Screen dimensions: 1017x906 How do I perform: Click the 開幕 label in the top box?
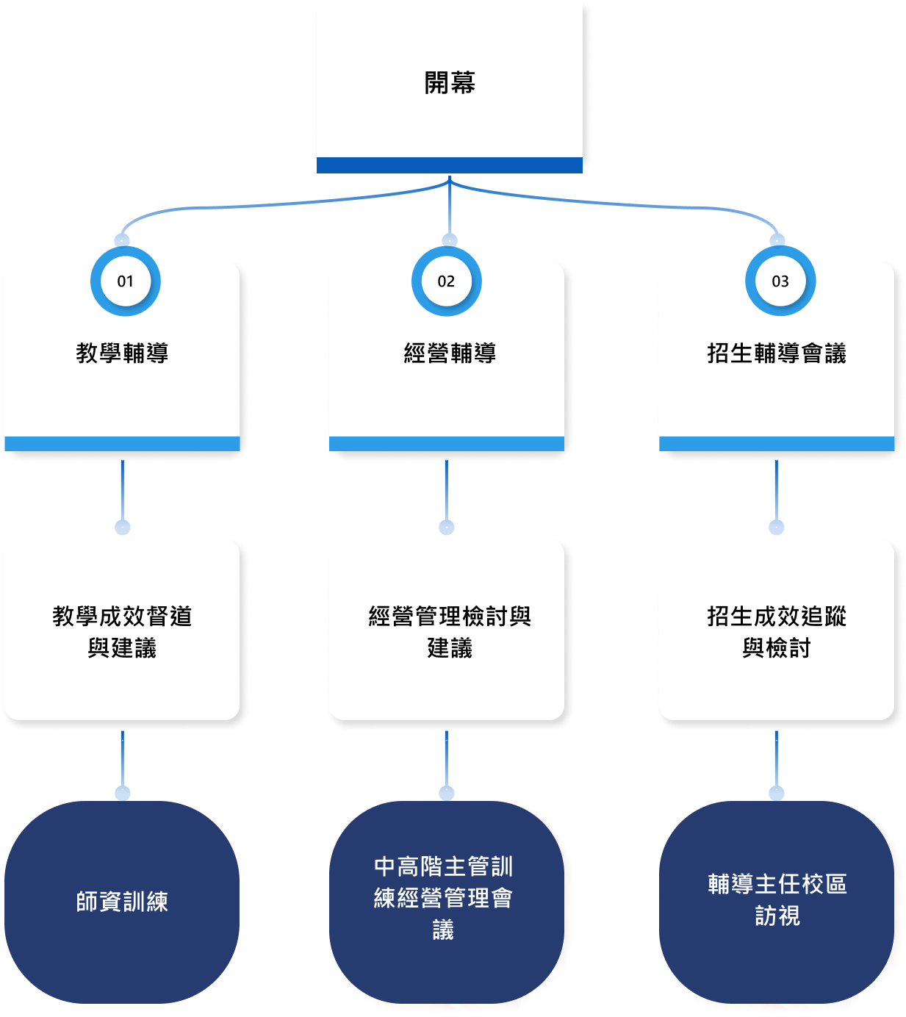click(449, 83)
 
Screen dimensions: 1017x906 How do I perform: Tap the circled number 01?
click(126, 281)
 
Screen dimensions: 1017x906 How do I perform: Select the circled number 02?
click(446, 281)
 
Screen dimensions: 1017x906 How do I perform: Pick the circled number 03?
click(780, 281)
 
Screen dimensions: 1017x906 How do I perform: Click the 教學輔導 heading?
click(122, 353)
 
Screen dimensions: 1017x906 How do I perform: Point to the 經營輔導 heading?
click(450, 353)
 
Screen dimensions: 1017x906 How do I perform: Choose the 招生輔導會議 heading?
click(777, 353)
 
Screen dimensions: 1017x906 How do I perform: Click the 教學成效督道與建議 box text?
click(122, 632)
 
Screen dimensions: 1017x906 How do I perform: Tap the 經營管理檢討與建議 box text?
click(450, 632)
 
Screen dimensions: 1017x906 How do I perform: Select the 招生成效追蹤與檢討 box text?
click(777, 632)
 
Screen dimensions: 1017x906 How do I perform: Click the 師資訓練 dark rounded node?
click(122, 902)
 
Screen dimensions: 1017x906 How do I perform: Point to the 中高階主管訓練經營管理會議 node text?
click(443, 898)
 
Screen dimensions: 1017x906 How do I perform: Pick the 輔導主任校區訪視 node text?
click(777, 899)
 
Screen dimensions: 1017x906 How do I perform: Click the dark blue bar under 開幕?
click(449, 165)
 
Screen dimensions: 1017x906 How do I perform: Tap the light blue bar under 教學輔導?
click(122, 444)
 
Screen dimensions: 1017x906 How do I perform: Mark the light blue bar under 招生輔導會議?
click(777, 444)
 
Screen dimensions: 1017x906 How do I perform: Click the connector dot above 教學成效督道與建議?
click(123, 528)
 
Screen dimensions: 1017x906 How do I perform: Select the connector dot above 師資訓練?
click(123, 793)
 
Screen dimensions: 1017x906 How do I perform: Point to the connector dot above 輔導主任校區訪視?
click(777, 793)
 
